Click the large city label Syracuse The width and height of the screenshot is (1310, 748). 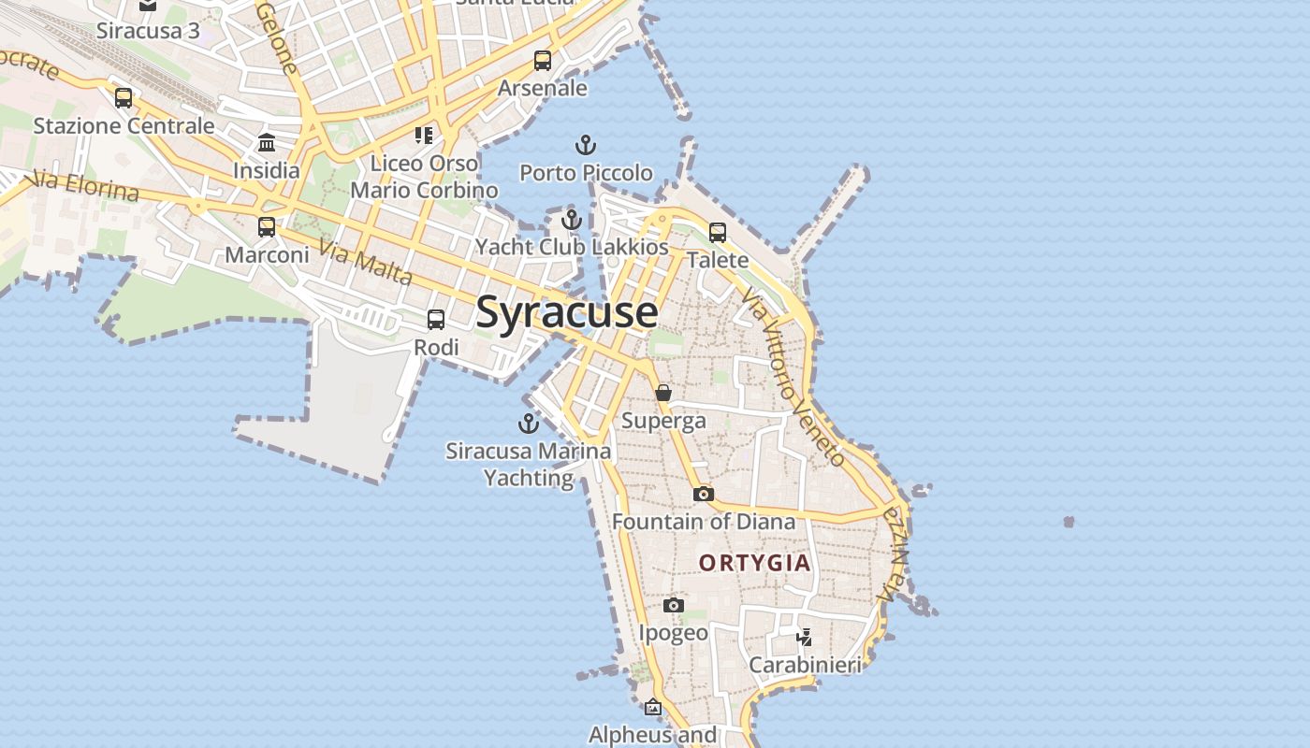tap(566, 312)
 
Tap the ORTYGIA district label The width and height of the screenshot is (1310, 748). tap(754, 563)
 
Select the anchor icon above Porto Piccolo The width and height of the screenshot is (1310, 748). tap(586, 145)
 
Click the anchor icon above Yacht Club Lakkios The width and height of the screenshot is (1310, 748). tap(572, 221)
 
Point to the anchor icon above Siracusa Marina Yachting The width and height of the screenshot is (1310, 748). tap(529, 424)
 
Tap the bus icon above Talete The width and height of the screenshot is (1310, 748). tap(718, 233)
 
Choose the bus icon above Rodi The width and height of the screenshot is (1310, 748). tap(436, 320)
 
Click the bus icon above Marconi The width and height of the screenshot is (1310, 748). tap(267, 227)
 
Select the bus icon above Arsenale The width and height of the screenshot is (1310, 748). tap(543, 61)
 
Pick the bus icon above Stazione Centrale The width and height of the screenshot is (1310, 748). tap(124, 98)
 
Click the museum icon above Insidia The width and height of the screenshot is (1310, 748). tap(267, 143)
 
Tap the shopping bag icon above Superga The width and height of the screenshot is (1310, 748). tap(663, 393)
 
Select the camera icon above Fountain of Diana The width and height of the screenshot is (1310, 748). tap(704, 494)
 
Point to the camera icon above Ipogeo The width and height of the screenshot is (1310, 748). tap(674, 606)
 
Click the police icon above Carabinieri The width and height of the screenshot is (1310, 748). tap(805, 638)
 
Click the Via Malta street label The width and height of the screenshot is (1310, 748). tap(365, 263)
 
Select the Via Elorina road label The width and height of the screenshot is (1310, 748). tap(84, 185)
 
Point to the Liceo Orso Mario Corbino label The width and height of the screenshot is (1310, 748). tap(424, 177)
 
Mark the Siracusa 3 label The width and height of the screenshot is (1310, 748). tap(148, 30)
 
